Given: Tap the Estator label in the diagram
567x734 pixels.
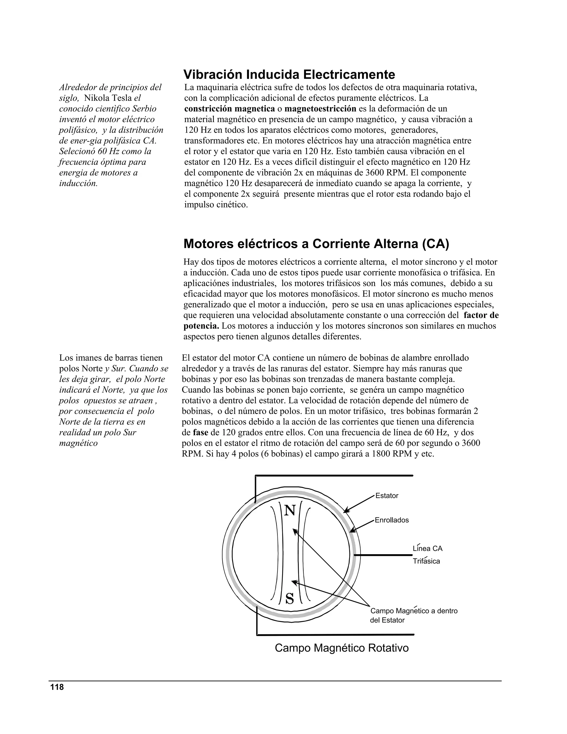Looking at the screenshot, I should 386,496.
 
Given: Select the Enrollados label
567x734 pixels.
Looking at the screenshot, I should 392,520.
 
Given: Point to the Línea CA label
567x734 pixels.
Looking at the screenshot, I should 427,549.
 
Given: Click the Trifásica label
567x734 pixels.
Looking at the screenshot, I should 426,561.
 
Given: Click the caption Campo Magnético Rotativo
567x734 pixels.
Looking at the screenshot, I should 342,648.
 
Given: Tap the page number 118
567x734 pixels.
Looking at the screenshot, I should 57,687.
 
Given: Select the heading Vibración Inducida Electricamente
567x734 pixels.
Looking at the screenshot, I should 289,74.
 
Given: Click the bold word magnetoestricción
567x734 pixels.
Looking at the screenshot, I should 320,109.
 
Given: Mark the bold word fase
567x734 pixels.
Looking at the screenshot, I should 200,433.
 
